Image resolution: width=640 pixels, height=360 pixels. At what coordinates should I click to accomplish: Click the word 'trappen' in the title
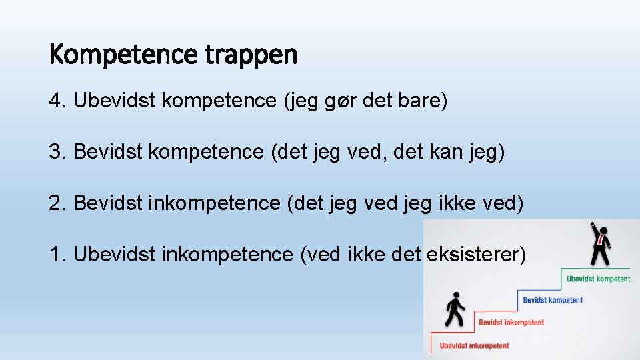pyautogui.click(x=251, y=55)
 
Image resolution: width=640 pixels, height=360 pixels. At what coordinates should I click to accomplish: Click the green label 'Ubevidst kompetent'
pyautogui.click(x=598, y=279)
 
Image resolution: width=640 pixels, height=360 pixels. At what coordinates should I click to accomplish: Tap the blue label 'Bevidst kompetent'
pyautogui.click(x=552, y=300)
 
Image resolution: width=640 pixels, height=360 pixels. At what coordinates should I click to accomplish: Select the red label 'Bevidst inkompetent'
pyautogui.click(x=511, y=323)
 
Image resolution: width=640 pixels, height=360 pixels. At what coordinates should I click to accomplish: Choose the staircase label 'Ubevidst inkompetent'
pyautogui.click(x=474, y=345)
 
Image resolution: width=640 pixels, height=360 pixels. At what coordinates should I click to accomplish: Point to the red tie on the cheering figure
pyautogui.click(x=601, y=240)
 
